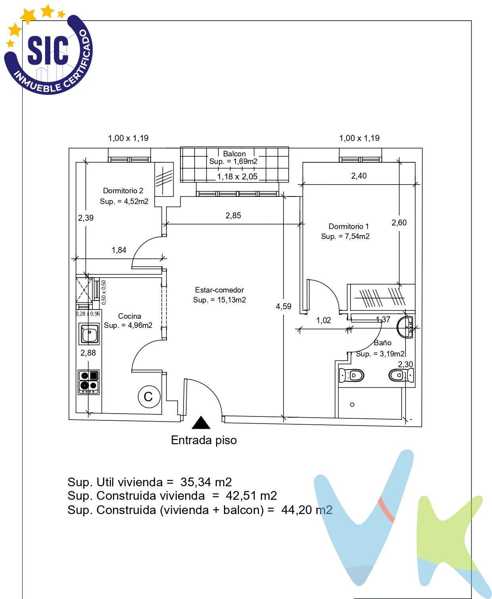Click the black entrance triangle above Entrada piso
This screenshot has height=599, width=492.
pyautogui.click(x=201, y=423)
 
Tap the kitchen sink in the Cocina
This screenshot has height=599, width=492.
pyautogui.click(x=89, y=334)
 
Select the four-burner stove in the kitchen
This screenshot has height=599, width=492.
pyautogui.click(x=88, y=382)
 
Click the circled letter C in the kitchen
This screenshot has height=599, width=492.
pyautogui.click(x=149, y=397)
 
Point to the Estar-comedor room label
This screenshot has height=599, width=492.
pyautogui.click(x=219, y=290)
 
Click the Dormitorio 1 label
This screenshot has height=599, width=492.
pyautogui.click(x=348, y=226)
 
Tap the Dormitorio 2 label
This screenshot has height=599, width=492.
pyautogui.click(x=123, y=191)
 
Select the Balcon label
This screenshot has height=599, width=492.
pyautogui.click(x=234, y=154)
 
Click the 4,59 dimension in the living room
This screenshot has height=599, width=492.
pyautogui.click(x=283, y=306)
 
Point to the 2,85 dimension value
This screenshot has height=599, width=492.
pyautogui.click(x=233, y=215)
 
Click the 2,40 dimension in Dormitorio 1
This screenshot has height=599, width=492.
pyautogui.click(x=359, y=176)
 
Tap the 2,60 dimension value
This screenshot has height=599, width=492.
pyautogui.click(x=399, y=222)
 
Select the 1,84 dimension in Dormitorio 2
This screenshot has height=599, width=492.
pyautogui.click(x=119, y=250)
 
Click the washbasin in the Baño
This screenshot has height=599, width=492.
pyautogui.click(x=405, y=327)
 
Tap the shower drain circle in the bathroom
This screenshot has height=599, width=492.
pyautogui.click(x=352, y=404)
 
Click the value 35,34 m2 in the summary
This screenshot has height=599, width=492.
pyautogui.click(x=206, y=482)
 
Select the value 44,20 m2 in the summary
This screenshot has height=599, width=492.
pyautogui.click(x=307, y=510)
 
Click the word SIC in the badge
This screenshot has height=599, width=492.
pyautogui.click(x=48, y=50)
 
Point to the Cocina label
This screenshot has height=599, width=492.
pyautogui.click(x=129, y=316)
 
